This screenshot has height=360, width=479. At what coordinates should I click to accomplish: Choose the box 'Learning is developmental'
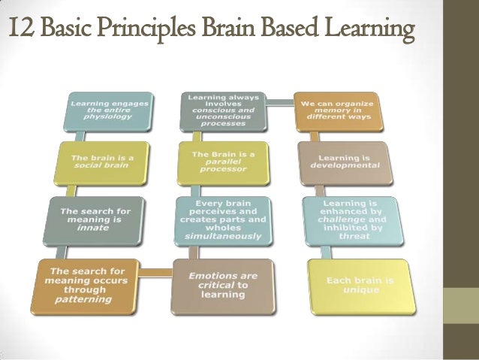[345, 163]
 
